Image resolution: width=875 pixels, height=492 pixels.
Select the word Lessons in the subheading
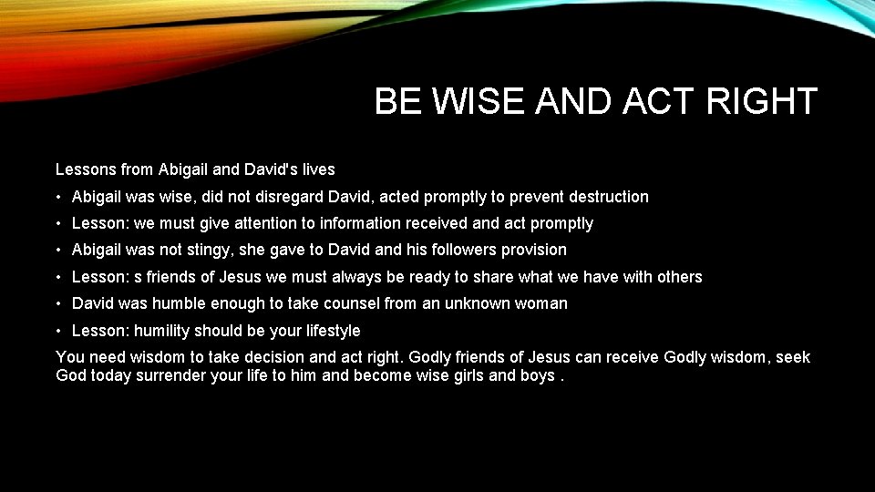tap(86, 169)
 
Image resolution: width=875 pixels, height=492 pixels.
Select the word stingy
tap(212, 250)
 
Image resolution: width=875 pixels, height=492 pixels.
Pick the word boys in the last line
tap(536, 376)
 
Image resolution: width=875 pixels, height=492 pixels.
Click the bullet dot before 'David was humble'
tap(58, 303)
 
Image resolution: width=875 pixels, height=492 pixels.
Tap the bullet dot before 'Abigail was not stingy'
tap(58, 250)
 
